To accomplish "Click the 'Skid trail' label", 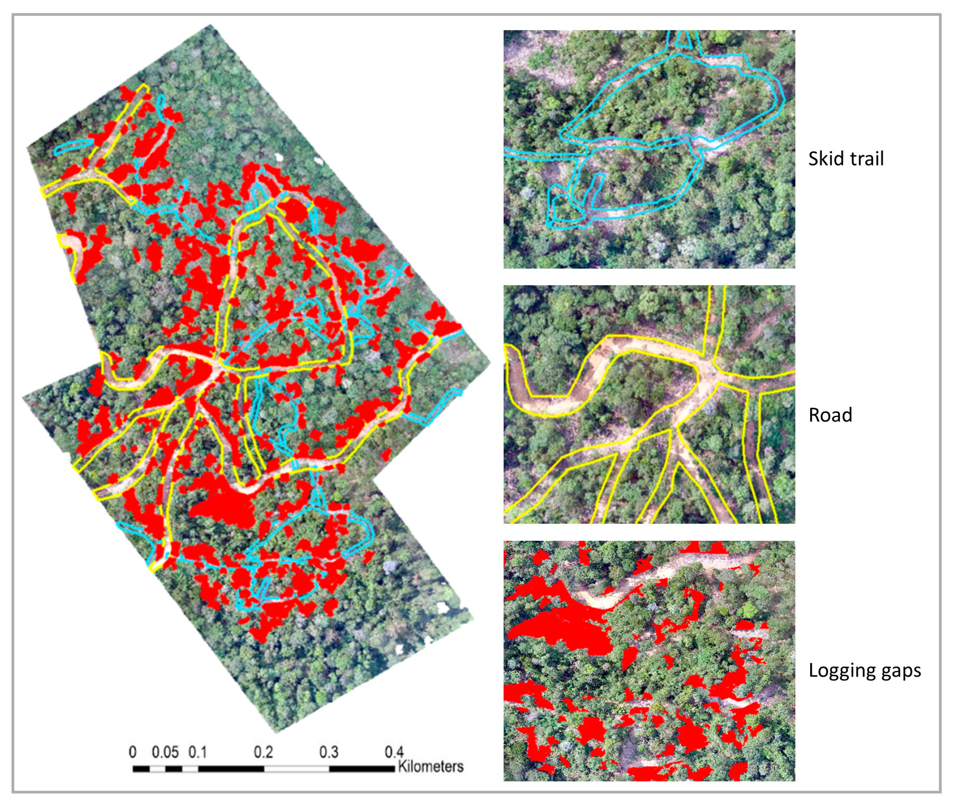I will click(x=846, y=159).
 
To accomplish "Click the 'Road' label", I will click(x=830, y=415).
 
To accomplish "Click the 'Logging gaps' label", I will click(x=864, y=670).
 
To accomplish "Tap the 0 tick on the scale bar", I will click(x=132, y=752).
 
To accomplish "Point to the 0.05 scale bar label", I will click(x=165, y=752).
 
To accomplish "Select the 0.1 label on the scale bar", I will click(x=198, y=752).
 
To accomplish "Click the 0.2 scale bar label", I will click(x=264, y=752).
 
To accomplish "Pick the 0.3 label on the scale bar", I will click(x=329, y=752).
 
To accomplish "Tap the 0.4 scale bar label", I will click(x=394, y=752).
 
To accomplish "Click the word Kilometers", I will click(x=430, y=766).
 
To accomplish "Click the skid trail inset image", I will click(x=649, y=149).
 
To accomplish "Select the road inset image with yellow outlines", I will click(x=649, y=404).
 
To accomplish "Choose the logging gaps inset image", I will click(x=649, y=661).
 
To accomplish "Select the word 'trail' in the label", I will click(x=864, y=159).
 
